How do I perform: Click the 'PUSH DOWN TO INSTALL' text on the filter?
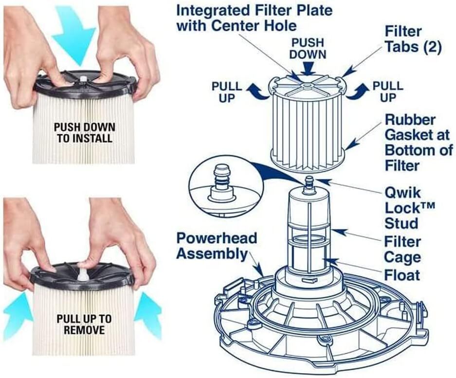coord(85,133)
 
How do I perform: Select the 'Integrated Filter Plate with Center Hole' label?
coord(254,17)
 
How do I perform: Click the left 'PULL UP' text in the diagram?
coord(227,92)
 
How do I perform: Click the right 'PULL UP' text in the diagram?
coord(387,92)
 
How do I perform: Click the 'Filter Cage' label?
coord(402,249)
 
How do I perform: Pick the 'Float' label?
coord(402,275)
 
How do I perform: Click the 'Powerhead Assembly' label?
coord(216,246)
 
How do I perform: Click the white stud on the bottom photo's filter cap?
coord(83,274)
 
